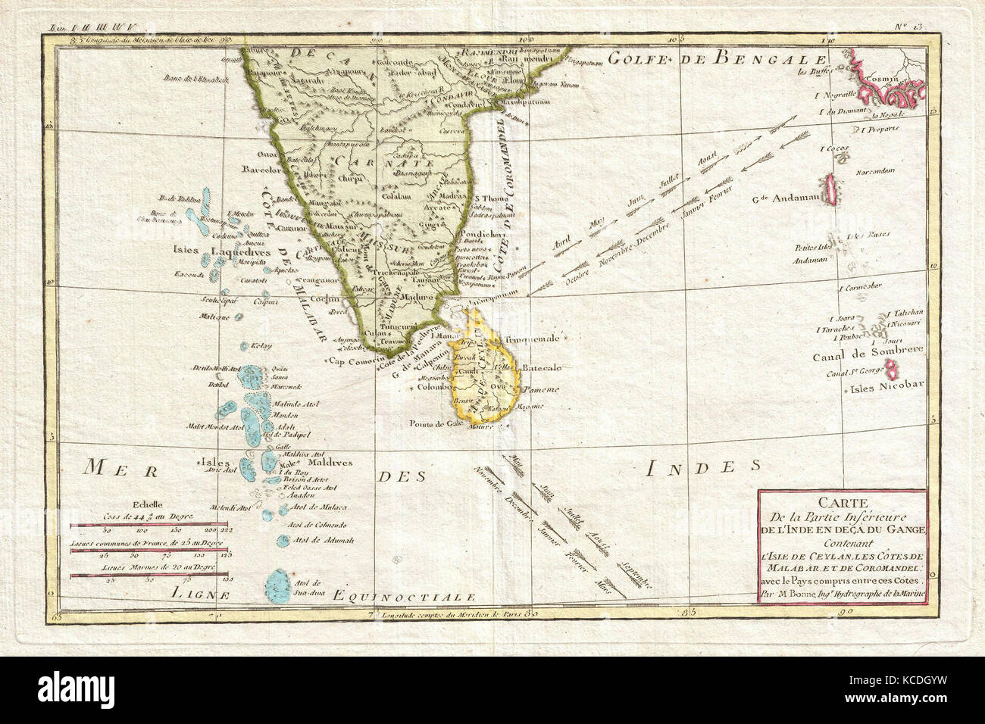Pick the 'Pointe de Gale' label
pyautogui.click(x=437, y=424)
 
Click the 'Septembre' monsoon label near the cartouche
pyautogui.click(x=637, y=574)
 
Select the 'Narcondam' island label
pyautogui.click(x=871, y=170)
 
